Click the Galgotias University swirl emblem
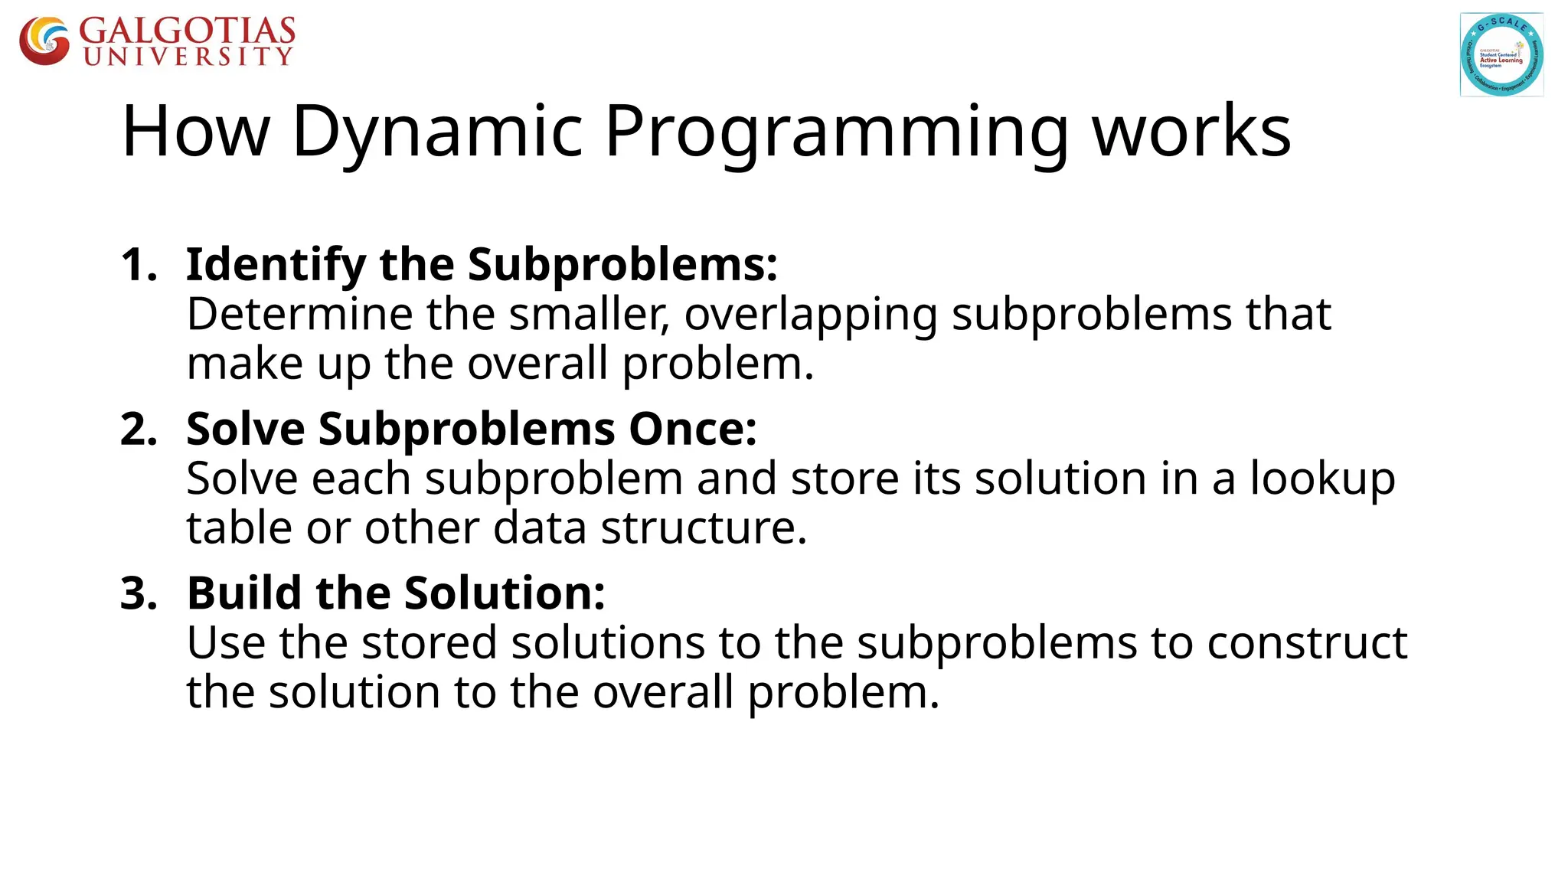tap(44, 41)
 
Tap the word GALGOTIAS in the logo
tap(187, 31)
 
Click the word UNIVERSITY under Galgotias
tap(188, 57)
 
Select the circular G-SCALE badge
tap(1501, 54)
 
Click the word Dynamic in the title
tap(438, 132)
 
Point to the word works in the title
tap(1191, 132)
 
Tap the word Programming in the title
tap(836, 132)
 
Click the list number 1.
tap(138, 265)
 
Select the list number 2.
tap(138, 429)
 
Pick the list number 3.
tap(138, 593)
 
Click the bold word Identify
tap(276, 265)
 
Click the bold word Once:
tap(692, 429)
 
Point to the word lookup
tap(1322, 479)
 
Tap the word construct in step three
tap(1307, 643)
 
